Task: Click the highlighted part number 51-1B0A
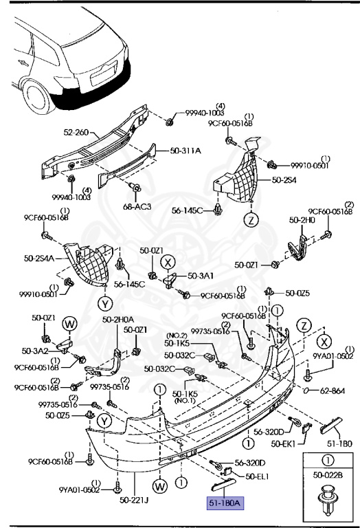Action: coord(225,503)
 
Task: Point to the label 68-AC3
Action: coord(137,206)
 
